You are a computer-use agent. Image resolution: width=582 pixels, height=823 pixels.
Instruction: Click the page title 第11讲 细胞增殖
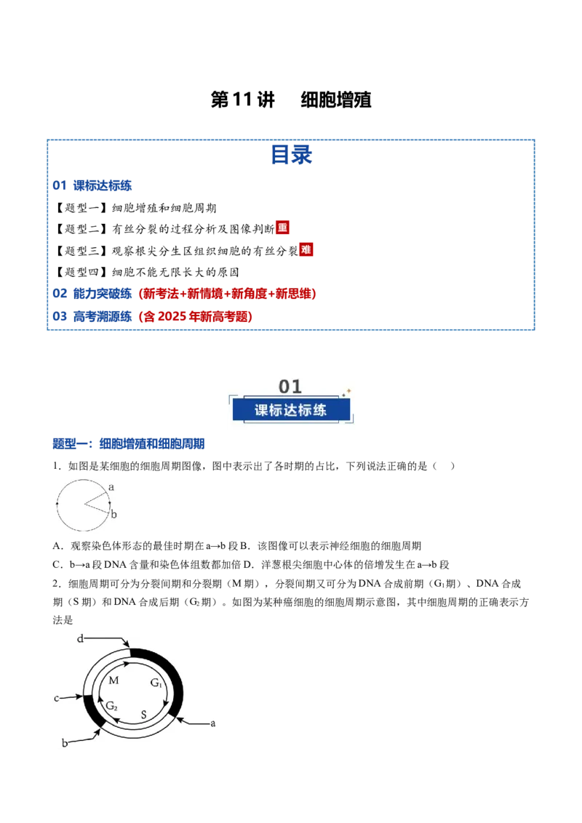coord(291,100)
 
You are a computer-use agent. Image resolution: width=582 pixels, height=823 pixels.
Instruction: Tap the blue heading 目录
coord(291,155)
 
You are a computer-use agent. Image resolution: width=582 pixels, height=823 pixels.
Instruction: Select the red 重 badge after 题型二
coord(282,228)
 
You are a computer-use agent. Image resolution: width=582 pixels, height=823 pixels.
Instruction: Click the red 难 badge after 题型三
coord(306,249)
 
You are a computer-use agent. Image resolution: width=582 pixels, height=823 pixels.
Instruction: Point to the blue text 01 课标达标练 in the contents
coord(92,185)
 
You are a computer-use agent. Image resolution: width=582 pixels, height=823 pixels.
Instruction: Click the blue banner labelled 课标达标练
coord(291,410)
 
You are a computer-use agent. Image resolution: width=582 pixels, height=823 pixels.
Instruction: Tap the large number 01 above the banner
coord(290,387)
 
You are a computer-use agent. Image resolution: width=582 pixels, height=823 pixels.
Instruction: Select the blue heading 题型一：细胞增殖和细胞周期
coord(129,444)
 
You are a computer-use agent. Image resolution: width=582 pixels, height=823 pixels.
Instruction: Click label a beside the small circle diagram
coord(111,487)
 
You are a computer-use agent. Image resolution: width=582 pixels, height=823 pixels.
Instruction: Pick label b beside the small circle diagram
coord(114,515)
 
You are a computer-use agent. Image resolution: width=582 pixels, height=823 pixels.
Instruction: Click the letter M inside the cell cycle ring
coord(113,681)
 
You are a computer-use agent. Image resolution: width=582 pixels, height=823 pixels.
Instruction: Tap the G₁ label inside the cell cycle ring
coord(156,683)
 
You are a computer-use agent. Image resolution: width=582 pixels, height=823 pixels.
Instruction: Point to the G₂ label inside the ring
coord(112,706)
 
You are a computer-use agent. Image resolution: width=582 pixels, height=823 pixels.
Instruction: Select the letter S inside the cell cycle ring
coord(143,715)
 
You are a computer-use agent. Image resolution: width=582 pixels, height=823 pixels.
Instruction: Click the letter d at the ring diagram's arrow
coord(80,638)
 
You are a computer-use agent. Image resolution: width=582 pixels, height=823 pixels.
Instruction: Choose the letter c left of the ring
coord(57,698)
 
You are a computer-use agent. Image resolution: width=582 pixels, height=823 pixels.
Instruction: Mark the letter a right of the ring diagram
coord(212,723)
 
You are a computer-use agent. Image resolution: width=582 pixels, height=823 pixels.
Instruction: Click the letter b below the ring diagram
coord(65,743)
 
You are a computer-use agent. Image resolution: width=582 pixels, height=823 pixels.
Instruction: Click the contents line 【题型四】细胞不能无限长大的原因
coord(146,272)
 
